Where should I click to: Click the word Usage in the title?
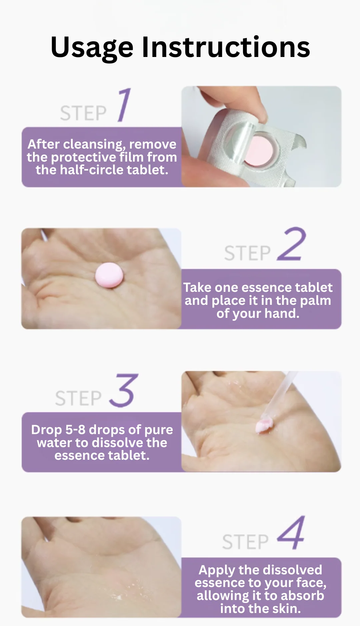tap(92, 48)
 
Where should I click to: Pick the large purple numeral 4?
tap(291, 532)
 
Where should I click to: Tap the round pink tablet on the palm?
tap(109, 275)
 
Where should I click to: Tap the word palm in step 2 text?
tap(315, 301)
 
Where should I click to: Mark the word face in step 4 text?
tap(311, 583)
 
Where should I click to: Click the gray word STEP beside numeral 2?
tap(247, 253)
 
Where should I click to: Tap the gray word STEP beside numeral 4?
tap(245, 542)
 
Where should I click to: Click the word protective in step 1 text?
tap(85, 158)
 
